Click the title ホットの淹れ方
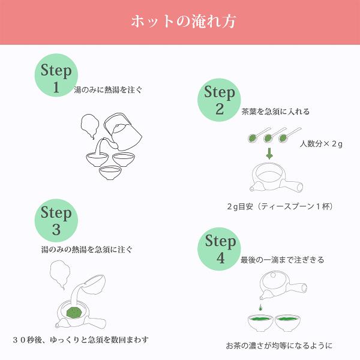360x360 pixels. (184, 22)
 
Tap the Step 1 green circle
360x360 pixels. (56, 76)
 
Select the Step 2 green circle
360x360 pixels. (219, 100)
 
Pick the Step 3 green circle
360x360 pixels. (56, 220)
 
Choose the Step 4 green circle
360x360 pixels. (219, 249)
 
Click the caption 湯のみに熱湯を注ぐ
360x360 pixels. (108, 90)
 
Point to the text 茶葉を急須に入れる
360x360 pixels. (275, 112)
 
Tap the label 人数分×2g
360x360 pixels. (321, 144)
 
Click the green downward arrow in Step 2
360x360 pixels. (269, 154)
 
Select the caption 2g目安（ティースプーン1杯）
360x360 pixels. (280, 206)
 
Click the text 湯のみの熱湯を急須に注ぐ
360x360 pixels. (87, 250)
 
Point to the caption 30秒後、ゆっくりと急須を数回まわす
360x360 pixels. (80, 340)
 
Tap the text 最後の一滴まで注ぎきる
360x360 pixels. (282, 260)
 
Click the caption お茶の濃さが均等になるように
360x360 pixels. (279, 346)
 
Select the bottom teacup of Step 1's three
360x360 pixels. (110, 173)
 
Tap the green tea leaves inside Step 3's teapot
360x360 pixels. (73, 313)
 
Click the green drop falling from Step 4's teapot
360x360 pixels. (260, 307)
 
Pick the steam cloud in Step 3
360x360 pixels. (60, 275)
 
